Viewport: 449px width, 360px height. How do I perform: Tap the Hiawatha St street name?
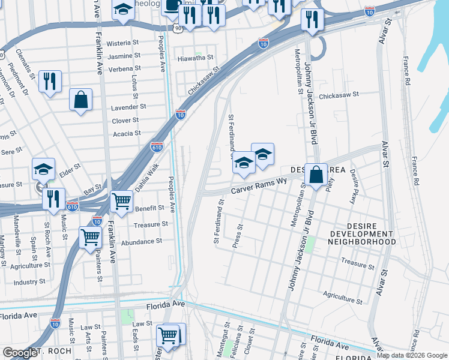click(196, 58)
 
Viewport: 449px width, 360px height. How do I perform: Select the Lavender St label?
click(128, 107)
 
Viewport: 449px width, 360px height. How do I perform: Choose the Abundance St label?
click(142, 242)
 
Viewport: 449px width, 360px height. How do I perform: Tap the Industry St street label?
click(29, 281)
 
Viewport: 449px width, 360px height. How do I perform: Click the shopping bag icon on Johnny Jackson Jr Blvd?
click(316, 175)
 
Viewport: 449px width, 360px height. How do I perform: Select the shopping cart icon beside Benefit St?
click(121, 200)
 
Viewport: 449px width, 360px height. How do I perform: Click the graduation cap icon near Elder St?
click(44, 169)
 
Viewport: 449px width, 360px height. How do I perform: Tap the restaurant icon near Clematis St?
click(50, 81)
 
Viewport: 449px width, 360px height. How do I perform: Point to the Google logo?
click(19, 353)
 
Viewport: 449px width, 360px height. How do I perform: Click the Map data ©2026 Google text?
click(412, 355)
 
